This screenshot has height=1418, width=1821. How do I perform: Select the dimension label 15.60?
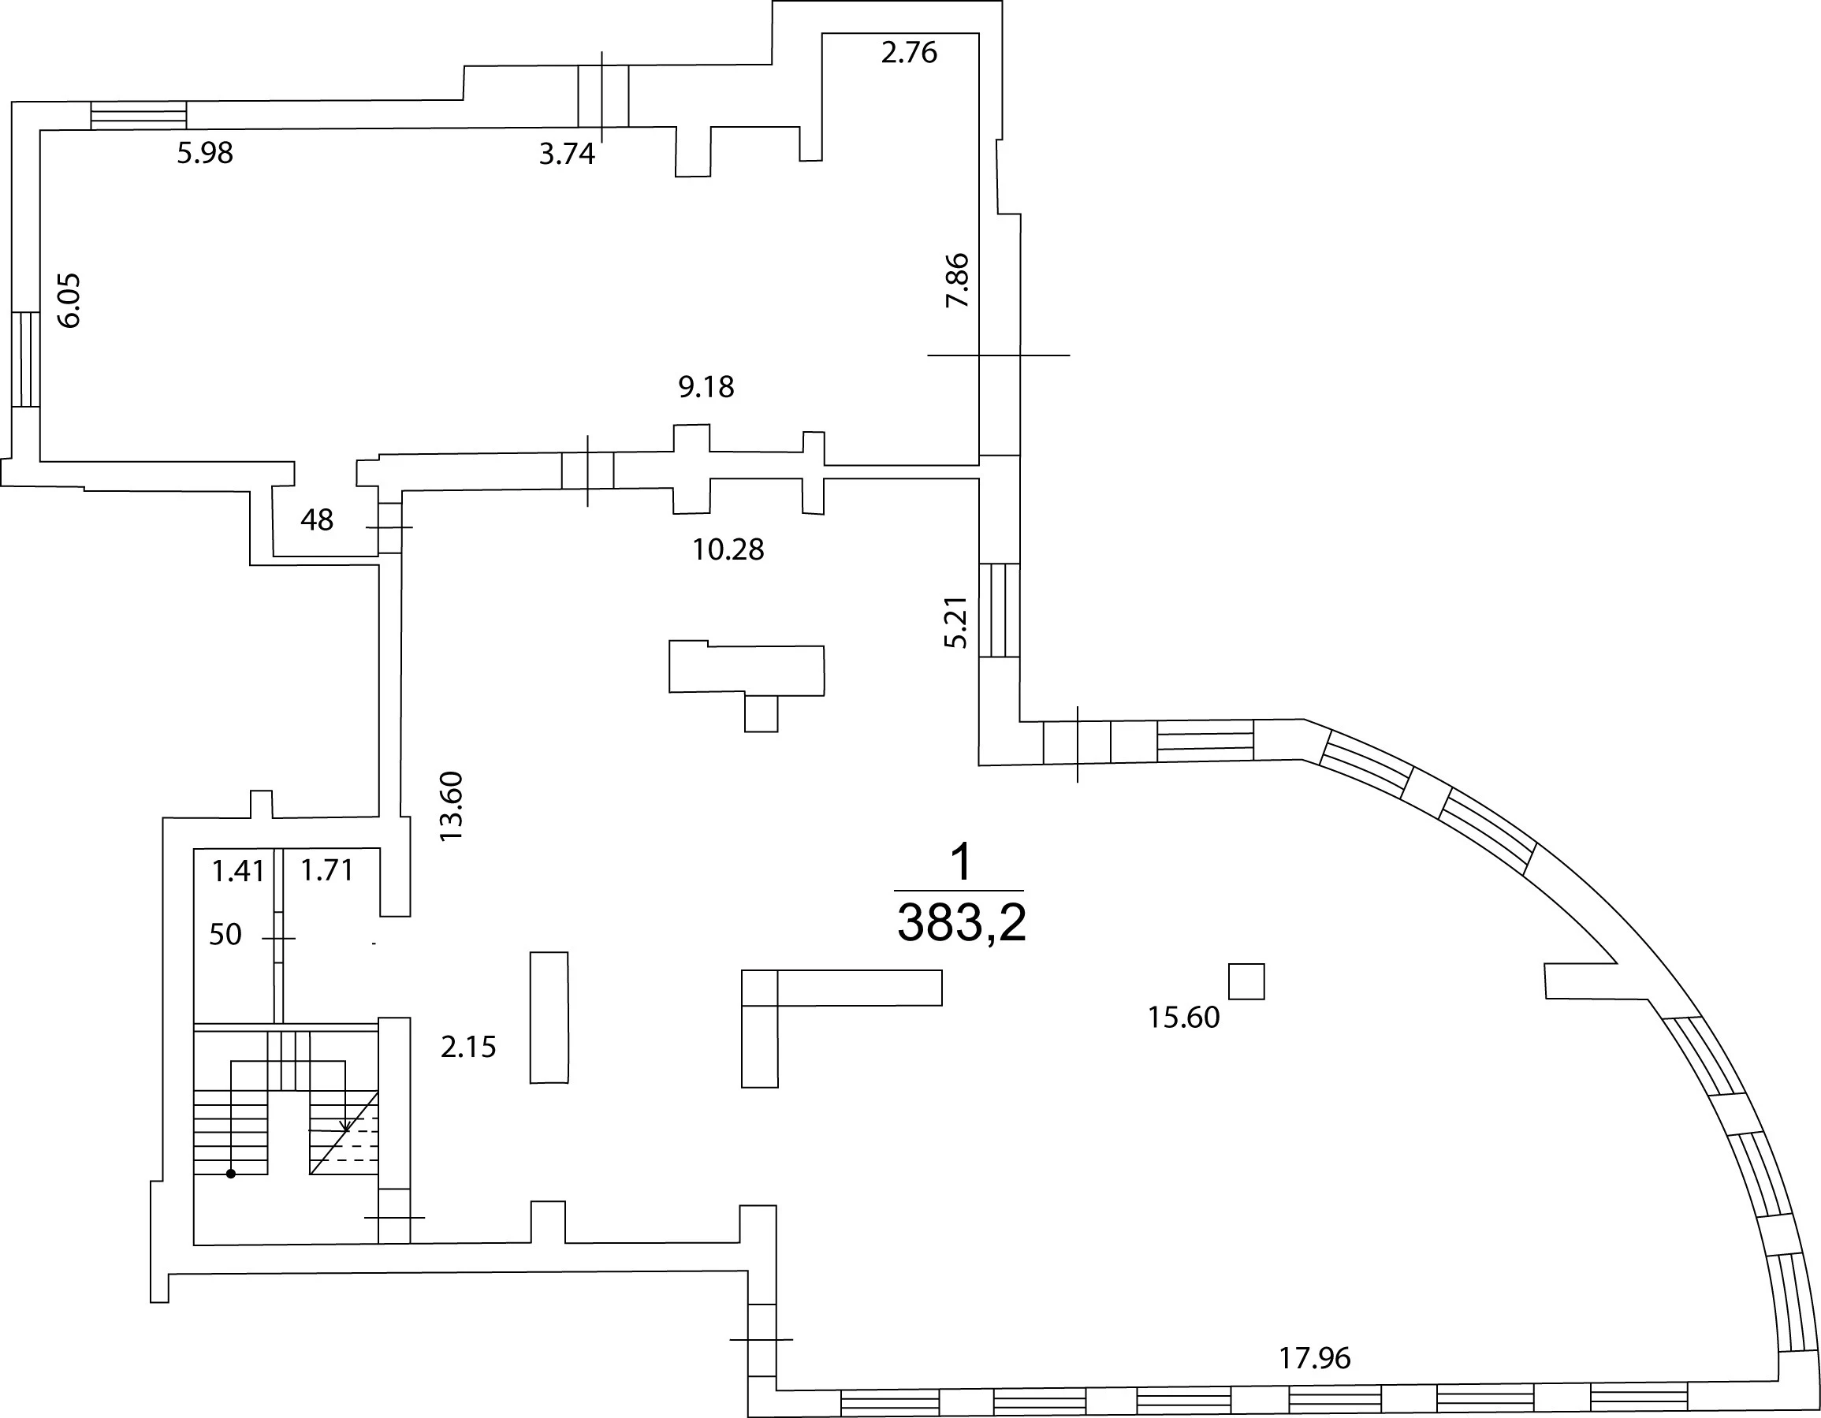[1184, 1018]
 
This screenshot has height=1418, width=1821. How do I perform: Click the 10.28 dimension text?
[728, 549]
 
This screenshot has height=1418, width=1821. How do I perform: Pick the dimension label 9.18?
[706, 387]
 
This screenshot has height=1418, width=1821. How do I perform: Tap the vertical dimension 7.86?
[957, 280]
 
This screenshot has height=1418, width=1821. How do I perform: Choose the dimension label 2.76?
[910, 53]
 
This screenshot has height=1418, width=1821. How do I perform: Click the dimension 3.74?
[567, 154]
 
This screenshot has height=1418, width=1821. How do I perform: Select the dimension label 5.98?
[205, 154]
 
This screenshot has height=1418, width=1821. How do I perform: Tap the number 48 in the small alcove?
[317, 520]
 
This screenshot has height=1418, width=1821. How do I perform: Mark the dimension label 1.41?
[237, 872]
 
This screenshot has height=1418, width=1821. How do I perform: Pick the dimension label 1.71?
[327, 871]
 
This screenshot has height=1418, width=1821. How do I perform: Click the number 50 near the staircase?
[225, 935]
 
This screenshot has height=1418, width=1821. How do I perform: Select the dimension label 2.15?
[468, 1047]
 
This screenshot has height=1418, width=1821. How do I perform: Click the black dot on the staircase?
[231, 1174]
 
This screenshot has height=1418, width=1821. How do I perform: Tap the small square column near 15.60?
[1246, 981]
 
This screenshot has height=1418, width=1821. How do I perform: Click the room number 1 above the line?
[962, 862]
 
